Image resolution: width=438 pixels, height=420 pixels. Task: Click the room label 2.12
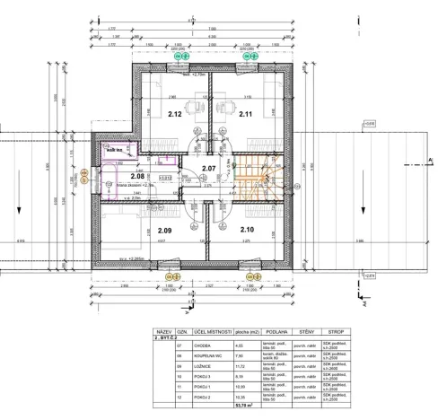tap(174, 115)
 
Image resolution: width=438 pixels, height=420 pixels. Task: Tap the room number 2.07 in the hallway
tap(209, 168)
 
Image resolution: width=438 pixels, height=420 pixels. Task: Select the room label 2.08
tap(138, 177)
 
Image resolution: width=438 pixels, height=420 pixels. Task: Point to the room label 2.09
tap(153, 230)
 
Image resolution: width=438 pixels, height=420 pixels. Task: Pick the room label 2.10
tap(248, 230)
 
